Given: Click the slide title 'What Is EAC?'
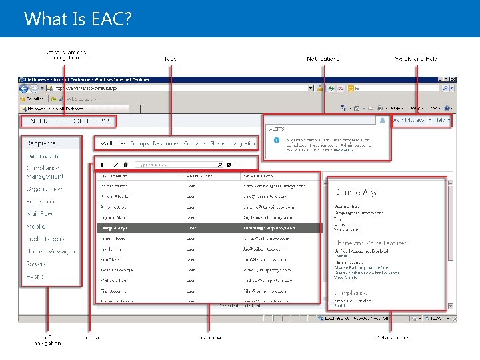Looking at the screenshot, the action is coord(77,19).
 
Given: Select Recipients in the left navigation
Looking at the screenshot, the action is coord(41,143).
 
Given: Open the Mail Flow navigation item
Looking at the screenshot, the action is coord(39,214).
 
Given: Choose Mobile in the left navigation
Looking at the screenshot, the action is coord(35,227).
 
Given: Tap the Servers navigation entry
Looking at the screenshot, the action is coord(36,264).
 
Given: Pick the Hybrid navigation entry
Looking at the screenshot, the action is coord(35,276).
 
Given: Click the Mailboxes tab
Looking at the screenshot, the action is coord(112,143).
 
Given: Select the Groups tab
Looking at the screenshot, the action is coord(139,143).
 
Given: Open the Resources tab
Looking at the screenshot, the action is coord(165,143).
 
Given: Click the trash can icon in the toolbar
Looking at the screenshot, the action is coord(125,164).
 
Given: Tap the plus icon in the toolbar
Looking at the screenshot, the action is coord(101,164).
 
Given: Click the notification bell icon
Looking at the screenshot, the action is coord(382,121).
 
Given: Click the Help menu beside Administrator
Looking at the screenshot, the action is coord(440,121).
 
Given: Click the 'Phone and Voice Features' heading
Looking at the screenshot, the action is coord(370,243).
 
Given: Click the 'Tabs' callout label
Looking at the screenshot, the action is coord(170,59).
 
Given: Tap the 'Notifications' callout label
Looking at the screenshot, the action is coord(323,59).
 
